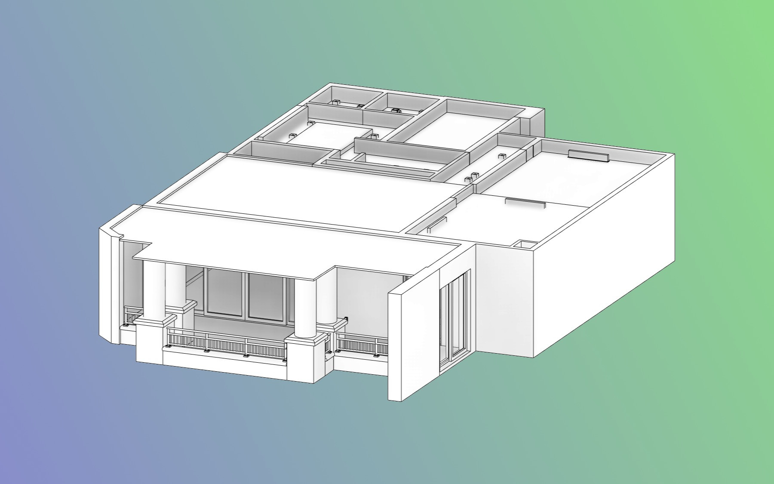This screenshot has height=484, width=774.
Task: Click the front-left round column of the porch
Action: (x=154, y=288)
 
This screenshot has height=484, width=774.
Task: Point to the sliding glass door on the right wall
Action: (x=455, y=318)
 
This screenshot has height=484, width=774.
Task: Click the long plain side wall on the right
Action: (x=602, y=267)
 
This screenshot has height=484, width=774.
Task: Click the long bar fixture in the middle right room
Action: (x=525, y=202)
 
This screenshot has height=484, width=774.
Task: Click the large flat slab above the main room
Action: (x=301, y=189)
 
